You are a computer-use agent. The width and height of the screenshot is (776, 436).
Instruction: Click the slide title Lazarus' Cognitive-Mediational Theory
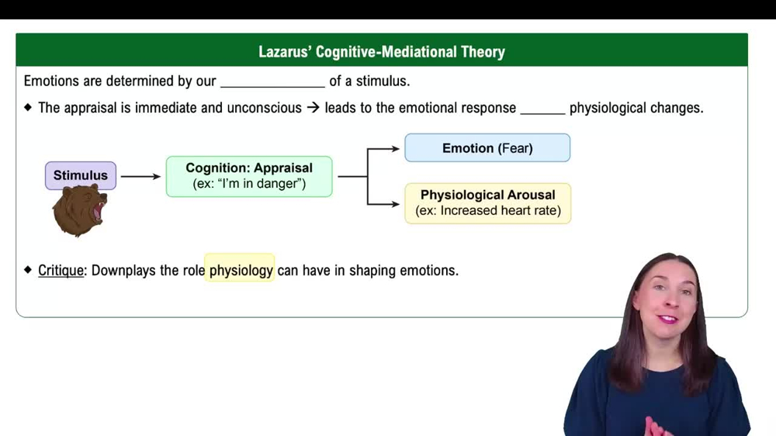coord(381,52)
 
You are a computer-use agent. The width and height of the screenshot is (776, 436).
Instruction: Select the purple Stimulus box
coord(81,175)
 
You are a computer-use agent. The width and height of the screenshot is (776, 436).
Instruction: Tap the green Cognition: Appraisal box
coord(249,176)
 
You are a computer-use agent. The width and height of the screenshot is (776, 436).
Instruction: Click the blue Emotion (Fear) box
coord(487,148)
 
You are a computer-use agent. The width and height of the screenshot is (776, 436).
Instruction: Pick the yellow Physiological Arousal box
coord(487,203)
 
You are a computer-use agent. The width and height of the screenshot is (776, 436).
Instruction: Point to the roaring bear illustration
coord(79,211)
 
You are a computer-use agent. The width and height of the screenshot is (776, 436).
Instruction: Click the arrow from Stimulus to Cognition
coord(140,176)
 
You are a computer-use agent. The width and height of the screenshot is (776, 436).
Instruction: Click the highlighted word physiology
coord(241,270)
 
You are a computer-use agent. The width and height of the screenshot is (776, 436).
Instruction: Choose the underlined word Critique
coord(61,270)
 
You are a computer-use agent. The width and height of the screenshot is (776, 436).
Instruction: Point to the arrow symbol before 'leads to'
coord(313,108)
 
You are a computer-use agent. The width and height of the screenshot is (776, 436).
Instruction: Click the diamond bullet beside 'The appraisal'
coord(29,108)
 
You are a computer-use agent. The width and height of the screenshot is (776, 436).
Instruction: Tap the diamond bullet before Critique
coord(29,270)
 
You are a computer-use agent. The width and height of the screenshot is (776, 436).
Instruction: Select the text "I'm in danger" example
coord(249,184)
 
